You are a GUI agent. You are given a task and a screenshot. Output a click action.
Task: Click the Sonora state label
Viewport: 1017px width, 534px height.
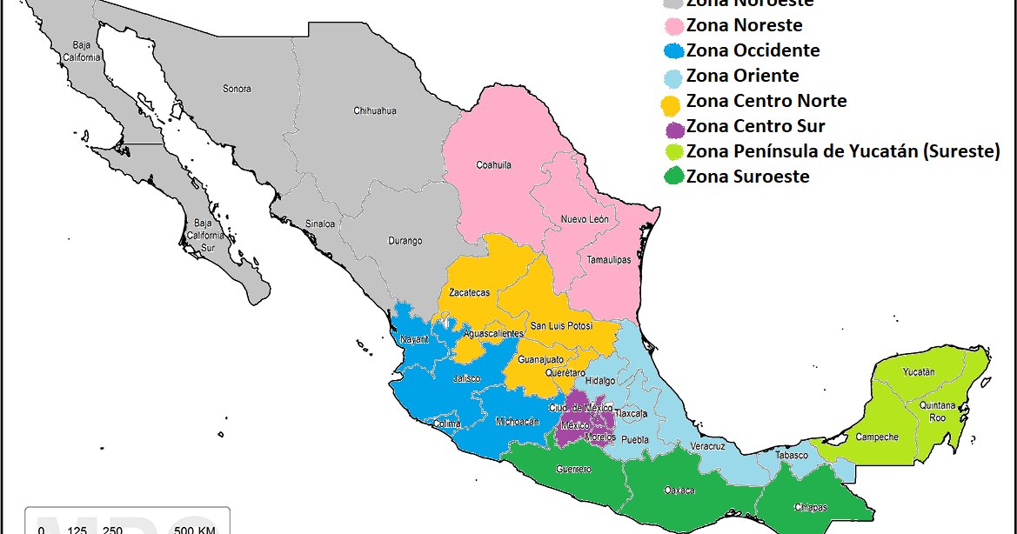pyautogui.click(x=237, y=89)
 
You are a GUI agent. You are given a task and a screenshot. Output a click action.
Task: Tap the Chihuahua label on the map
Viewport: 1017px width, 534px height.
pyautogui.click(x=375, y=110)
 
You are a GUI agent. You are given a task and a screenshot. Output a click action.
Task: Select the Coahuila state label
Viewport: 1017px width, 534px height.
pyautogui.click(x=493, y=164)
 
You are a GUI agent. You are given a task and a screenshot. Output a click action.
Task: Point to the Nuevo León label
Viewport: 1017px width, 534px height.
pyautogui.click(x=585, y=219)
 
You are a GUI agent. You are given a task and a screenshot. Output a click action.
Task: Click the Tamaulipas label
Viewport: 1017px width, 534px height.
pyautogui.click(x=608, y=260)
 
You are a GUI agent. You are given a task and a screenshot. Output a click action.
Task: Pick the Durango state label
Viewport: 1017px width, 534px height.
pyautogui.click(x=405, y=241)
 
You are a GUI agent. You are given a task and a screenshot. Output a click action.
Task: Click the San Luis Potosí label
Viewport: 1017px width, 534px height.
pyautogui.click(x=561, y=325)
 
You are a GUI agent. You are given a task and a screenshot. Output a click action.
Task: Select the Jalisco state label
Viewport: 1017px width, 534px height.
pyautogui.click(x=467, y=378)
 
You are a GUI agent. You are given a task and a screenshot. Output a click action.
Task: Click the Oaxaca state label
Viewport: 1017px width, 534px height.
pyautogui.click(x=679, y=491)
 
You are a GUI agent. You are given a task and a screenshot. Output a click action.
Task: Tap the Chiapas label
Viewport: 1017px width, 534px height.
pyautogui.click(x=811, y=507)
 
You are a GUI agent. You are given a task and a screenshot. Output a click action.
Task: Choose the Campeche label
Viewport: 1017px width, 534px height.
pyautogui.click(x=877, y=437)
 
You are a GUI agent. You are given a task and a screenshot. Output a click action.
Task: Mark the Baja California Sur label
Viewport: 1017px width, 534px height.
pyautogui.click(x=204, y=235)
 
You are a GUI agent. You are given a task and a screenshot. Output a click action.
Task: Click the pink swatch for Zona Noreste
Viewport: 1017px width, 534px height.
pyautogui.click(x=672, y=26)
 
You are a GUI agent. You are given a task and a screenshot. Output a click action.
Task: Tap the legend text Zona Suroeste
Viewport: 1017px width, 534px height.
pyautogui.click(x=747, y=177)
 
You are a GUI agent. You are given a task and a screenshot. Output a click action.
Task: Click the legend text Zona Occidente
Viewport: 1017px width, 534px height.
pyautogui.click(x=753, y=50)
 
